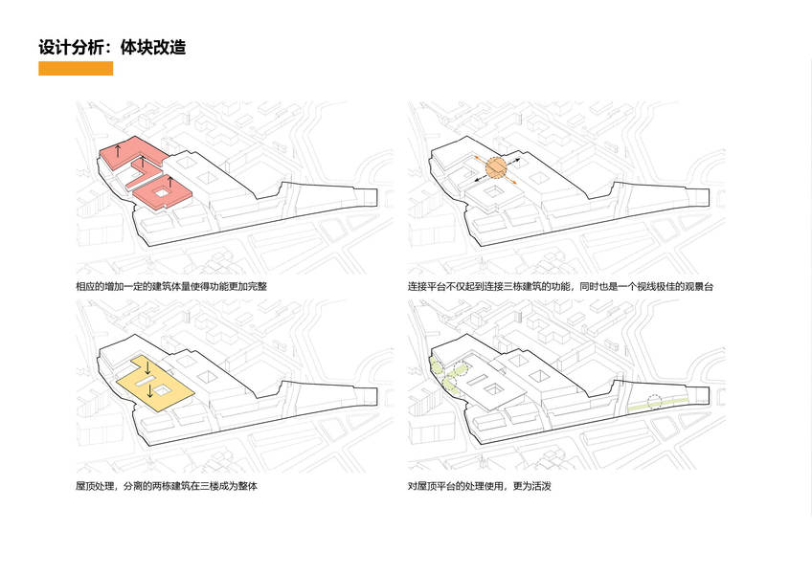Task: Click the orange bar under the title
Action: (76, 68)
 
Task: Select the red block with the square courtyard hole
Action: (163, 194)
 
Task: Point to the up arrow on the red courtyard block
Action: (170, 182)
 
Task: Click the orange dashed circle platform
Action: (495, 168)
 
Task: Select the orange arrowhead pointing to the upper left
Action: (473, 155)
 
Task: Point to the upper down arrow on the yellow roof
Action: (148, 367)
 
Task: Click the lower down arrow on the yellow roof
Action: (150, 389)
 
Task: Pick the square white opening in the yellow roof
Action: (164, 389)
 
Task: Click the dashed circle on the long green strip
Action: (655, 402)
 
